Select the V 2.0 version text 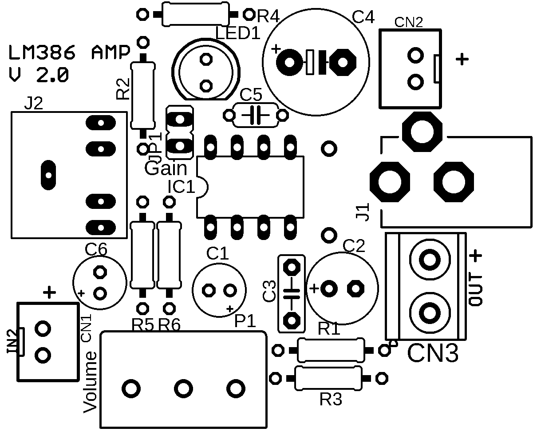point(39,75)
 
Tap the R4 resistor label point(268,17)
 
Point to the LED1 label point(237,33)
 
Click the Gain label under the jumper point(166,169)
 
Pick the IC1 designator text point(182,187)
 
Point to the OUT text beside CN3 point(475,289)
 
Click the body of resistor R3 point(328,378)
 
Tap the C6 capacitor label point(96,249)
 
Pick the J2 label point(34,104)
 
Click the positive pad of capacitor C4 point(289,62)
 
